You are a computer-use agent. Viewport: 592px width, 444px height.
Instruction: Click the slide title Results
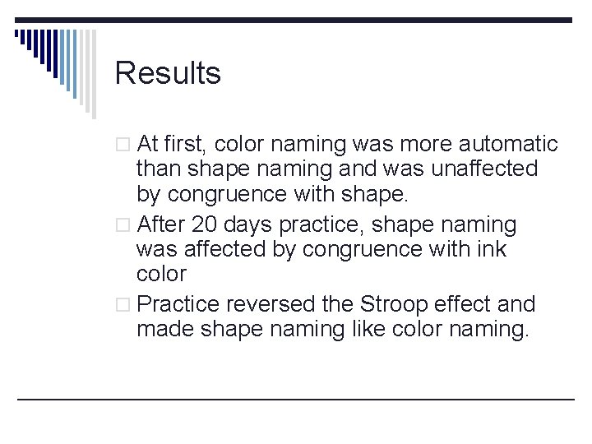coord(168,73)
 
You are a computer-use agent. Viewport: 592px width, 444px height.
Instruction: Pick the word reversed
coord(265,304)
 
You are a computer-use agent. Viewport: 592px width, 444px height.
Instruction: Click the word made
coord(161,329)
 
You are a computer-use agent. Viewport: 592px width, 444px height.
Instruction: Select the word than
coord(160,169)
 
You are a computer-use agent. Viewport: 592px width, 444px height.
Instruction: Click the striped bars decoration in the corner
coord(53,58)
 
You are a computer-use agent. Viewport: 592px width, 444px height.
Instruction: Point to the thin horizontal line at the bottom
coord(296,400)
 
